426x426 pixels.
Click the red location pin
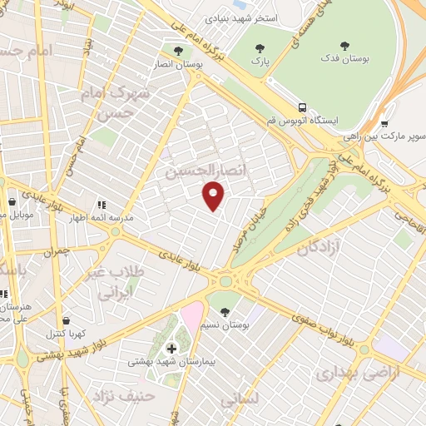coord(215,195)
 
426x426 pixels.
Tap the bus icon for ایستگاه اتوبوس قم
coord(302,107)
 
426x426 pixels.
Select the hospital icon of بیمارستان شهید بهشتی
coord(172,348)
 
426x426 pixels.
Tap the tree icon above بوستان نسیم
coord(225,312)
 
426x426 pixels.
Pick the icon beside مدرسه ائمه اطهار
coord(102,205)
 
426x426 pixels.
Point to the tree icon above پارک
coord(260,47)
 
